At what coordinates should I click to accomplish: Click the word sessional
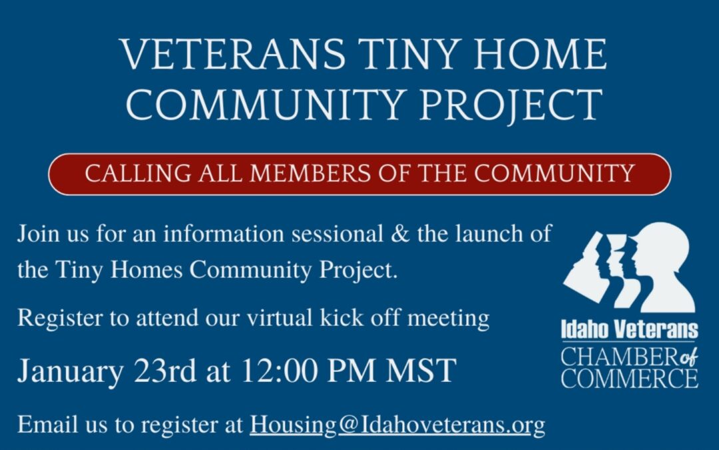tap(337, 234)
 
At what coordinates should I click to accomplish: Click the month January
tap(71, 371)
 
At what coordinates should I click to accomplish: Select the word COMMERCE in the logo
tap(629, 379)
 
